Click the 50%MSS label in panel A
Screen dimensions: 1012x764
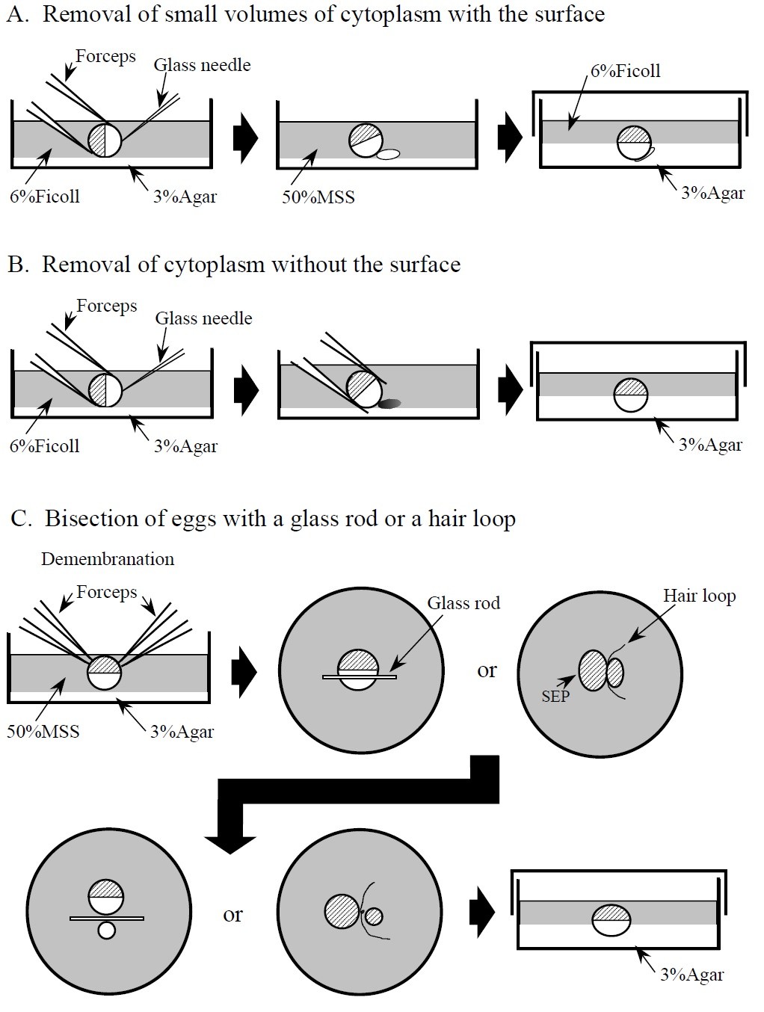pos(318,197)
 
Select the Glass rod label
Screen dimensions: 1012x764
pos(463,603)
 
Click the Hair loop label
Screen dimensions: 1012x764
pos(699,596)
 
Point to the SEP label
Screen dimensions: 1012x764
pos(555,697)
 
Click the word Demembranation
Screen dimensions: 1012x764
pos(108,559)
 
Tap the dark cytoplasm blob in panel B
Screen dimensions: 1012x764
pos(389,404)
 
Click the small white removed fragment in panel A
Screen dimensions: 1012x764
pos(388,155)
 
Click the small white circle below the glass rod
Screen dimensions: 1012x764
pos(107,931)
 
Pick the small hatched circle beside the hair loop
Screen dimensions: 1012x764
pos(372,916)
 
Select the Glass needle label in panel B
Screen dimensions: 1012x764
pos(203,318)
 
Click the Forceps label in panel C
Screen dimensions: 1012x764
pos(107,593)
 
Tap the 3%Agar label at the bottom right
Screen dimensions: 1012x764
pos(692,975)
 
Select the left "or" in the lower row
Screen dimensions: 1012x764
pos(232,914)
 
